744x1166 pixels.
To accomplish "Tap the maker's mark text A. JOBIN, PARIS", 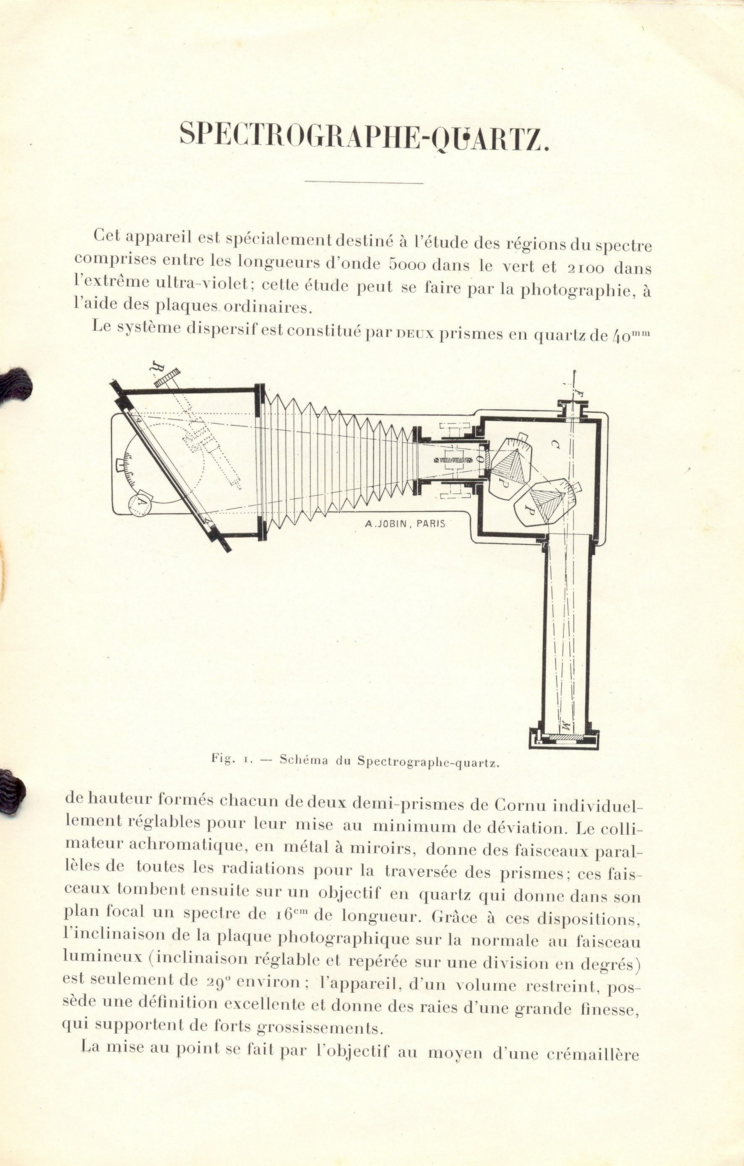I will pyautogui.click(x=405, y=523).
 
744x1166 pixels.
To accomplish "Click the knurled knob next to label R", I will pyautogui.click(x=167, y=378).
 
